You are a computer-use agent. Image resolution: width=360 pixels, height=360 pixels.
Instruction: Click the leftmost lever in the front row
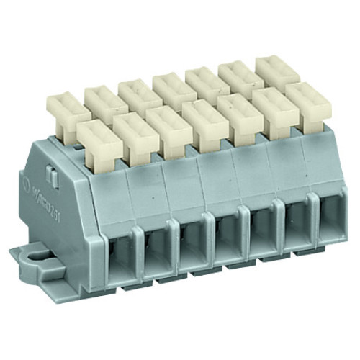pos(96,138)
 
